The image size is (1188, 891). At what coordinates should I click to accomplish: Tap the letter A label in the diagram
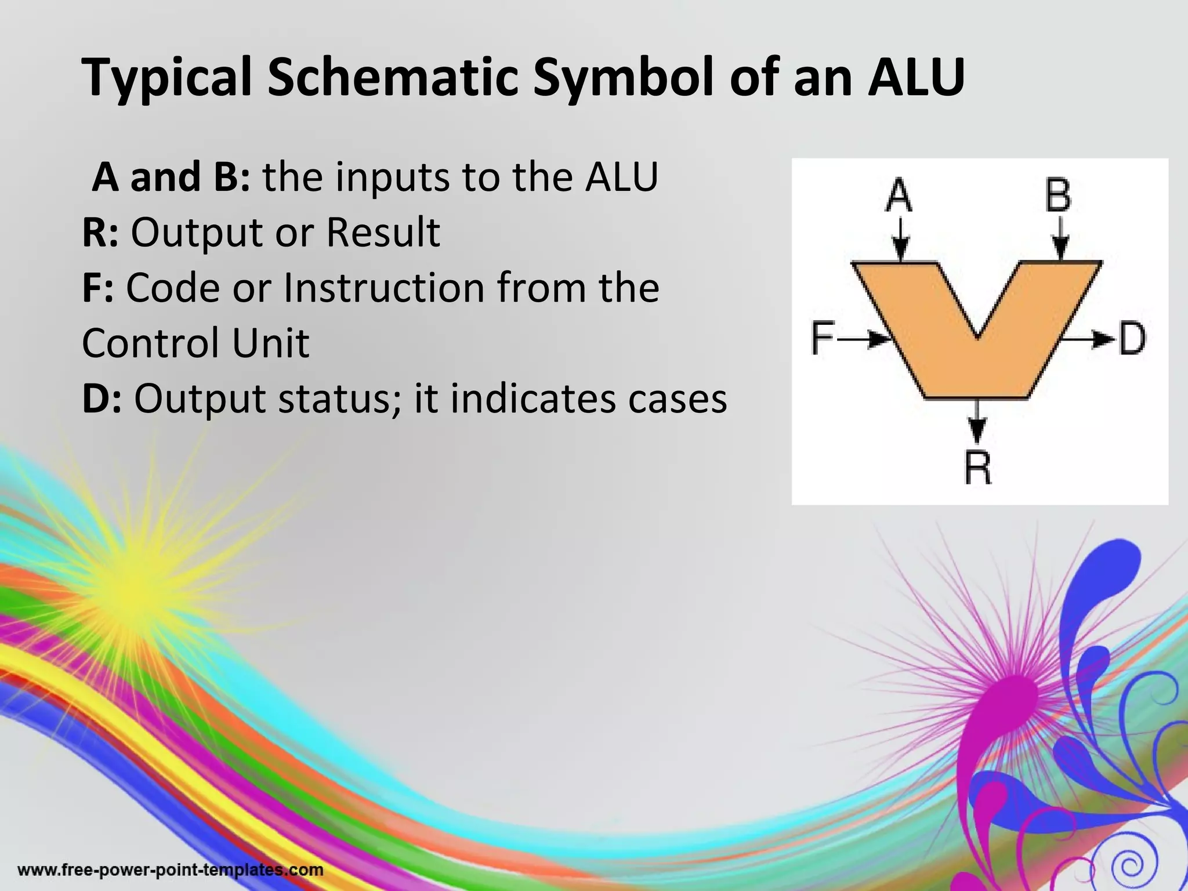click(x=899, y=195)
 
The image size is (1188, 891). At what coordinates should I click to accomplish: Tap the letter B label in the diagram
click(x=1058, y=195)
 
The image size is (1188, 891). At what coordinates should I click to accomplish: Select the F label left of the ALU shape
click(x=822, y=338)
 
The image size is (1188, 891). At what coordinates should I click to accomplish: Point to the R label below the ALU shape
click(x=978, y=468)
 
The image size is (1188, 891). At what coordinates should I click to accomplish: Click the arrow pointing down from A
click(x=900, y=241)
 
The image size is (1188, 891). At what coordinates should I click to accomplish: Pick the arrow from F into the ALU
click(x=864, y=339)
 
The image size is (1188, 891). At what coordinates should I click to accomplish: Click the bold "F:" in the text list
click(x=98, y=288)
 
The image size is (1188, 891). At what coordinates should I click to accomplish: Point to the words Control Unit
click(x=195, y=343)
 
